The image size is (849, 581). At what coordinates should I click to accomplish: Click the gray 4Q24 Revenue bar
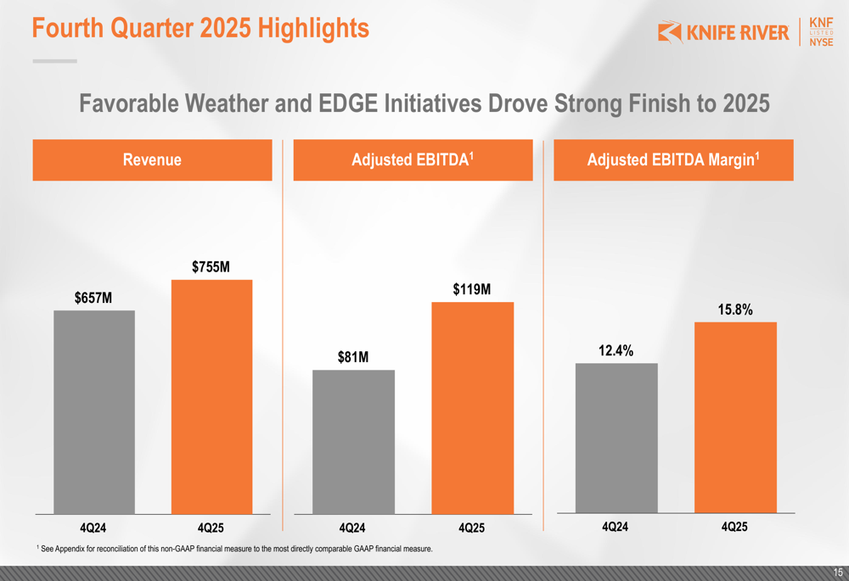(x=94, y=411)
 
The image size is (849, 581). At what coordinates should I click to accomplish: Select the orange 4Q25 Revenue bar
(x=211, y=396)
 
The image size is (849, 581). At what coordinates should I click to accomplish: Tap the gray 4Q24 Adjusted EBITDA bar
(x=353, y=441)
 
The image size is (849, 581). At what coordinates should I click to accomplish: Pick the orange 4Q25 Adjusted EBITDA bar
(x=473, y=407)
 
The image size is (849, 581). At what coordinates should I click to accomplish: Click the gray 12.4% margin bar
(x=616, y=438)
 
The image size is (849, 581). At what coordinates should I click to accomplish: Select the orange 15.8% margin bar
(x=735, y=417)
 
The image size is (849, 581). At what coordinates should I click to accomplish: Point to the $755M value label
(x=211, y=267)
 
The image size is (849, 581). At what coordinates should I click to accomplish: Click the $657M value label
(x=93, y=298)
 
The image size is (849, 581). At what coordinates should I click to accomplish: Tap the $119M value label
(x=472, y=289)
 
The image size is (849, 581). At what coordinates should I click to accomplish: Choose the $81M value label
(x=353, y=357)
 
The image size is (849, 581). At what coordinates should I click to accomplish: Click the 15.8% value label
(x=735, y=310)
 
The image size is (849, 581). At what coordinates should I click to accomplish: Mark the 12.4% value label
(x=616, y=350)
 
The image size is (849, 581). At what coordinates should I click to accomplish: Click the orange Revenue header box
(x=152, y=160)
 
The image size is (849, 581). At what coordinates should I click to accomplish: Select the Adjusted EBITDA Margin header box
(x=673, y=160)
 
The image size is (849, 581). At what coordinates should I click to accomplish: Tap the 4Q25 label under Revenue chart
(x=211, y=528)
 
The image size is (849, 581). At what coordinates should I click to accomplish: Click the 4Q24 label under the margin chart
(x=616, y=527)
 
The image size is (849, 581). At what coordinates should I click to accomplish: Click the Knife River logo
(x=723, y=33)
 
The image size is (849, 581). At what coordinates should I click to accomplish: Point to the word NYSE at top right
(x=821, y=42)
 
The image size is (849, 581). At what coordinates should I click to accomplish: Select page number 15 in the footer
(x=838, y=573)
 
